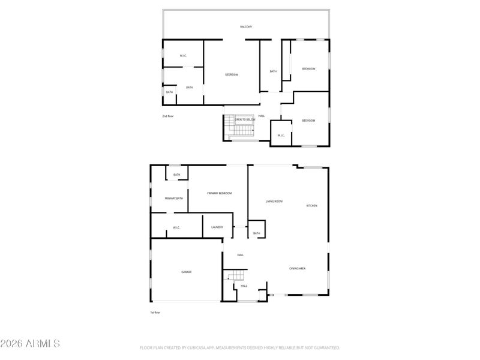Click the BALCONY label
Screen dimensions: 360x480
[246, 27]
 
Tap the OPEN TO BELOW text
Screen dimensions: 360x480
[245, 119]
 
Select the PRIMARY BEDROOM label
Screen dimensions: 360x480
[220, 193]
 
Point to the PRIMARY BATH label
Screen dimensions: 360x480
[174, 198]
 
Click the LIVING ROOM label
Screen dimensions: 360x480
[274, 202]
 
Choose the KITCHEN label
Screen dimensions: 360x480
[312, 206]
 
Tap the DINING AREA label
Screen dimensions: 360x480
[298, 268]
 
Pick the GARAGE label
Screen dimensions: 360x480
[187, 272]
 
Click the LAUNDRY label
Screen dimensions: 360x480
[217, 227]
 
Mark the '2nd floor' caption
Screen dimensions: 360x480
[167, 116]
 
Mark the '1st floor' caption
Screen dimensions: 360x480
[155, 313]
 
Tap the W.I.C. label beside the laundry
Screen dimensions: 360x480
[177, 227]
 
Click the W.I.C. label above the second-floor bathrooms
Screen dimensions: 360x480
[183, 56]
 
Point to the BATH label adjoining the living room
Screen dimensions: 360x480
[256, 233]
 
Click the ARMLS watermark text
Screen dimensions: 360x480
[30, 344]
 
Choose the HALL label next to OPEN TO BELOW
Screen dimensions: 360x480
[262, 116]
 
